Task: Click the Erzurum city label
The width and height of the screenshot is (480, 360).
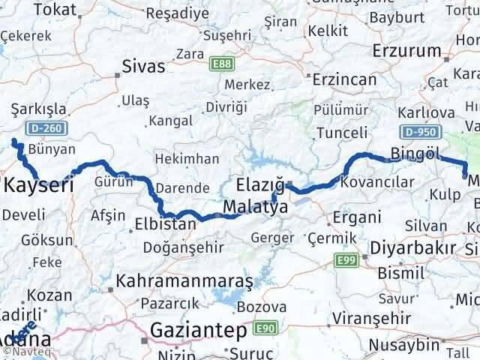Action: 408,51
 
